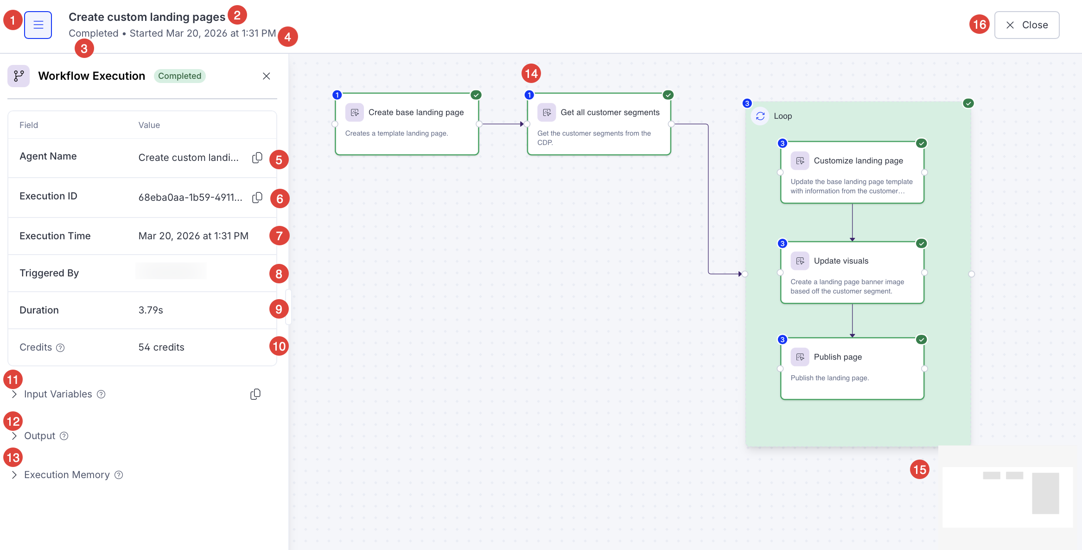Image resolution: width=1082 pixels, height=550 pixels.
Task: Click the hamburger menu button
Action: (x=38, y=25)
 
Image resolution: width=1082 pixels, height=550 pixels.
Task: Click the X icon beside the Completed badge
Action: (x=266, y=76)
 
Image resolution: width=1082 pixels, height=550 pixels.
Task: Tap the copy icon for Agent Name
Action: (x=257, y=158)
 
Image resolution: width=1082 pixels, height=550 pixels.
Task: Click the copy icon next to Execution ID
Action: (x=257, y=198)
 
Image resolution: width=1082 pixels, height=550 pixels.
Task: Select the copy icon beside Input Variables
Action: (x=255, y=394)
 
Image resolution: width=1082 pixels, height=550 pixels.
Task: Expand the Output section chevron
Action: (x=14, y=436)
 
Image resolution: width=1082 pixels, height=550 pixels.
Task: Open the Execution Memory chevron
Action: (x=14, y=475)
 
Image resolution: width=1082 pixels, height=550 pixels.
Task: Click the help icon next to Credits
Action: (x=60, y=348)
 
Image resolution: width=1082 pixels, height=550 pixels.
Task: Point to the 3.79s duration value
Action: (x=151, y=310)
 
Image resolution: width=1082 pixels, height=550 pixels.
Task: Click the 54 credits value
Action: (x=161, y=347)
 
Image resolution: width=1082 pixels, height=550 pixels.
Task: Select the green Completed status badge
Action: (x=179, y=76)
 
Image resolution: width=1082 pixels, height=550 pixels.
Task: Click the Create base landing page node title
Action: (x=416, y=112)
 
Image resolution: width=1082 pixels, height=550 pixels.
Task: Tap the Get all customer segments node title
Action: (x=610, y=112)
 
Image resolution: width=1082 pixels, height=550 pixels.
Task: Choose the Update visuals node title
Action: (x=841, y=261)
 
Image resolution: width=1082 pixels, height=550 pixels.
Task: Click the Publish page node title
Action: (x=838, y=357)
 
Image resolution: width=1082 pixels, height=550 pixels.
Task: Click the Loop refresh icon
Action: (x=760, y=116)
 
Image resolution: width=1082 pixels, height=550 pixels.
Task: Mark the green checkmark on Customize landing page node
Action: (x=922, y=143)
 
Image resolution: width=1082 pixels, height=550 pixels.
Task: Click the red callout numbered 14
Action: (x=531, y=73)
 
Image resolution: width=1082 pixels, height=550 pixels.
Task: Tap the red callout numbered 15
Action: (x=920, y=470)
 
